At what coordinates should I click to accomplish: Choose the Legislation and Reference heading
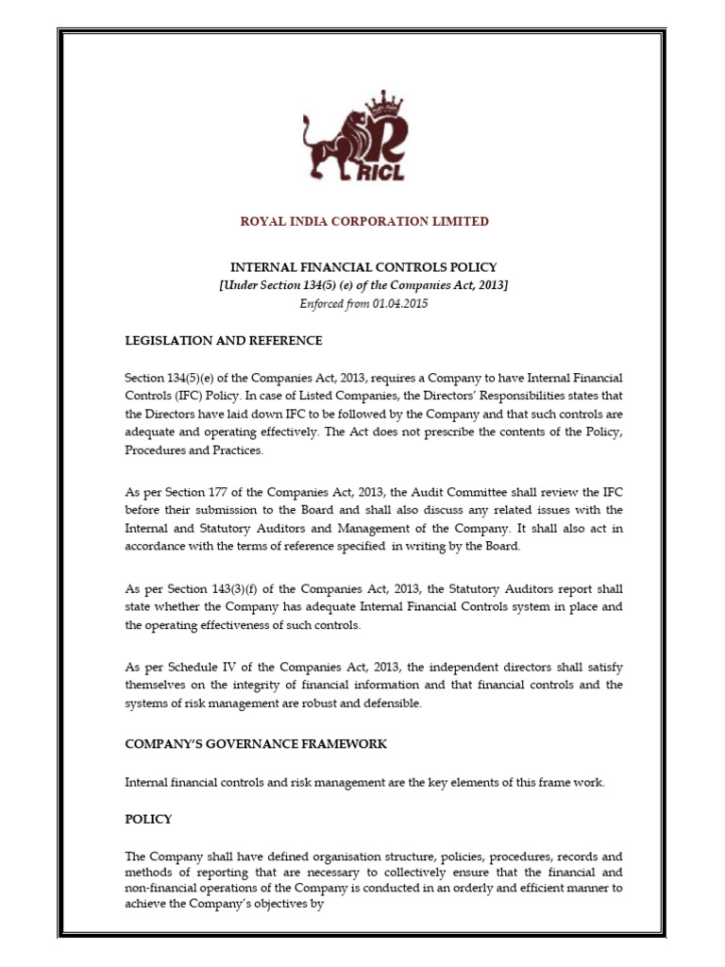[224, 340]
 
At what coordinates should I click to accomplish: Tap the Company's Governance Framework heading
[256, 744]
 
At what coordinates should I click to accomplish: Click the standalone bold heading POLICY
[148, 819]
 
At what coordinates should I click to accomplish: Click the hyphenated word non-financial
[163, 889]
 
